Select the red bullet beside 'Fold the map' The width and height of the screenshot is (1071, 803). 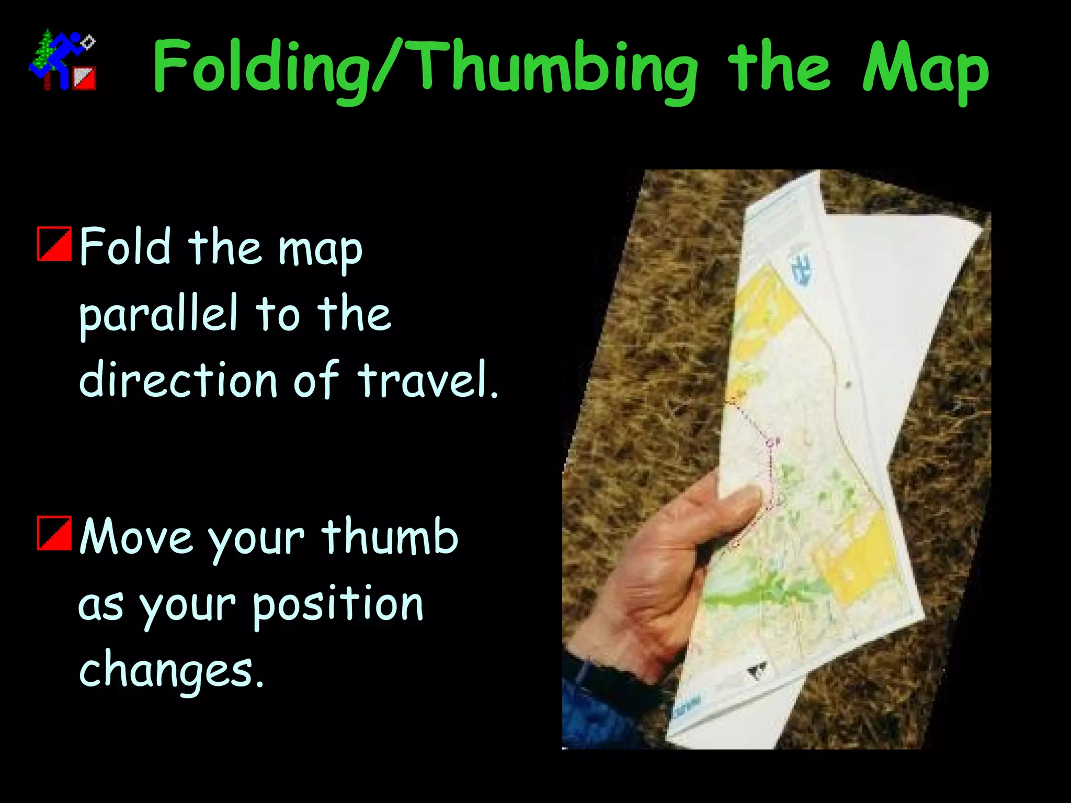54,244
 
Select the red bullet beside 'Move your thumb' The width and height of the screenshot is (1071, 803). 54,533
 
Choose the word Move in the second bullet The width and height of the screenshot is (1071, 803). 136,536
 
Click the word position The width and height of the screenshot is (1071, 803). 338,605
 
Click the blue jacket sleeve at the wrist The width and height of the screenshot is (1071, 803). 596,706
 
